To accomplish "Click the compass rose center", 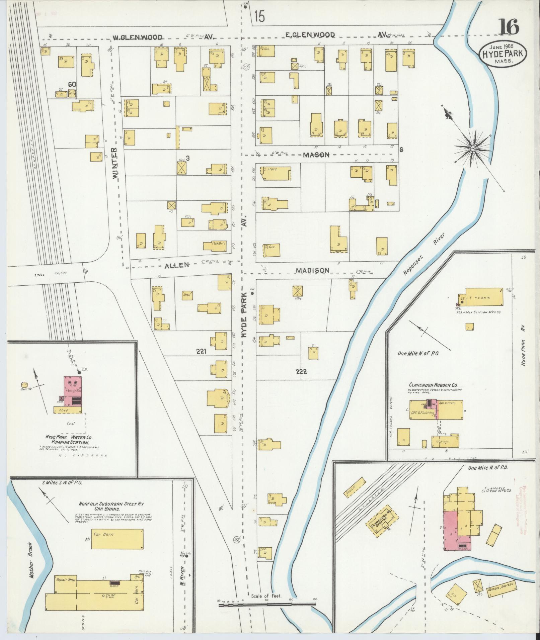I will [x=473, y=148].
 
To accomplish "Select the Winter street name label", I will [x=115, y=163].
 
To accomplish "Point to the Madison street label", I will [x=312, y=270].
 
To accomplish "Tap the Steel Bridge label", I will [x=50, y=273].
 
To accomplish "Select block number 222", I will [x=301, y=371].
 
